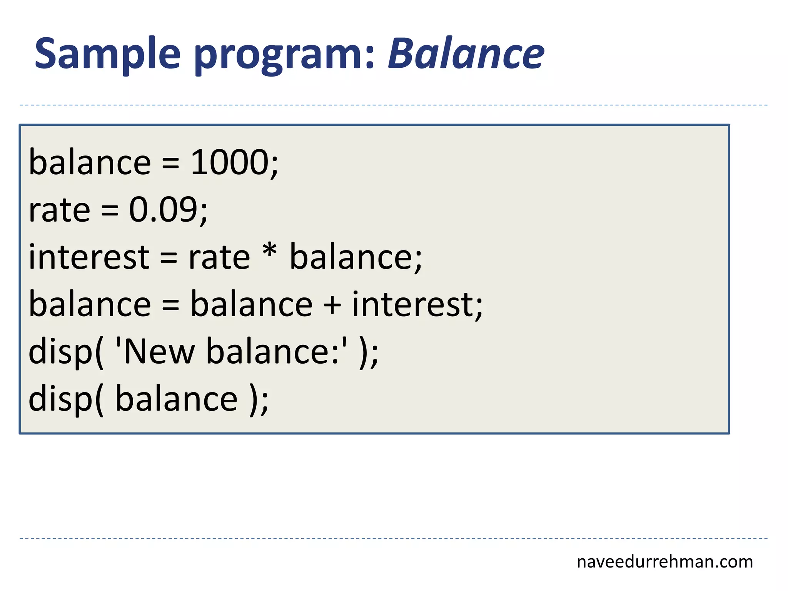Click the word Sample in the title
(107, 54)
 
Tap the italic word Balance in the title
(466, 54)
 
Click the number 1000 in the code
(230, 163)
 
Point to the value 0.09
(163, 210)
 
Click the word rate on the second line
(59, 211)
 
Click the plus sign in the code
(332, 306)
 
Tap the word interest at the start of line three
(89, 257)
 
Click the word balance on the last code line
(176, 399)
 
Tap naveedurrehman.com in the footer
(664, 562)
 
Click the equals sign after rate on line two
(110, 211)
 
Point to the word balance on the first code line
(90, 163)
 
